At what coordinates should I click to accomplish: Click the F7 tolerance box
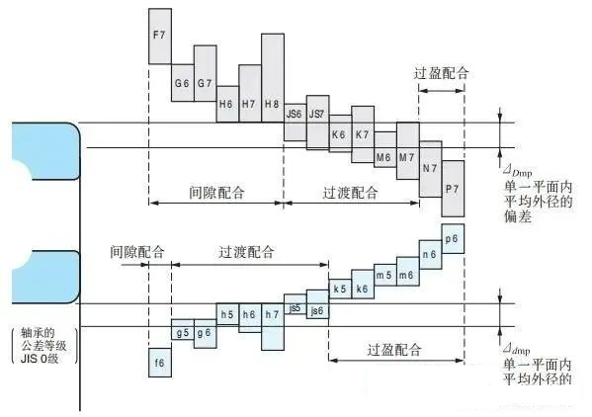[160, 37]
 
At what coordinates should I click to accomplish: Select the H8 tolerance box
[273, 78]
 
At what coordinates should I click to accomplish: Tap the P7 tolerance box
[453, 189]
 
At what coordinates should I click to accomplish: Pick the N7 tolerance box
[430, 169]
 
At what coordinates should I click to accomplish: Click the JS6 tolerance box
[296, 123]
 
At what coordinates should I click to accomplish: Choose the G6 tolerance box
[183, 83]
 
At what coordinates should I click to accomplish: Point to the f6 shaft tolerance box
[160, 363]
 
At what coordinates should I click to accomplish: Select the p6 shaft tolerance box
[453, 239]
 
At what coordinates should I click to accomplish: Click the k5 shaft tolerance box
[340, 290]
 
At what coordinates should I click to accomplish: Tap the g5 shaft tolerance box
[183, 329]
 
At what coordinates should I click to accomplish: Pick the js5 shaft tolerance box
[296, 304]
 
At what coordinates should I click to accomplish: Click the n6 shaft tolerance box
[430, 254]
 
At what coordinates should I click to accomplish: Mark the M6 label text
[383, 157]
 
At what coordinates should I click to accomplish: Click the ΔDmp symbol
[518, 172]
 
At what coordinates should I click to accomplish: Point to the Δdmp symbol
[517, 350]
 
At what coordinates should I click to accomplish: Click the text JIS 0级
[40, 359]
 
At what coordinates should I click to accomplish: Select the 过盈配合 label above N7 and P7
[442, 73]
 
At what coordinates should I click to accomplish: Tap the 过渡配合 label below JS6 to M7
[350, 193]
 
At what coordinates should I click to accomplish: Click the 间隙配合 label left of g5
[137, 252]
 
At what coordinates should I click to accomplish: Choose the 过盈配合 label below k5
[394, 350]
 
